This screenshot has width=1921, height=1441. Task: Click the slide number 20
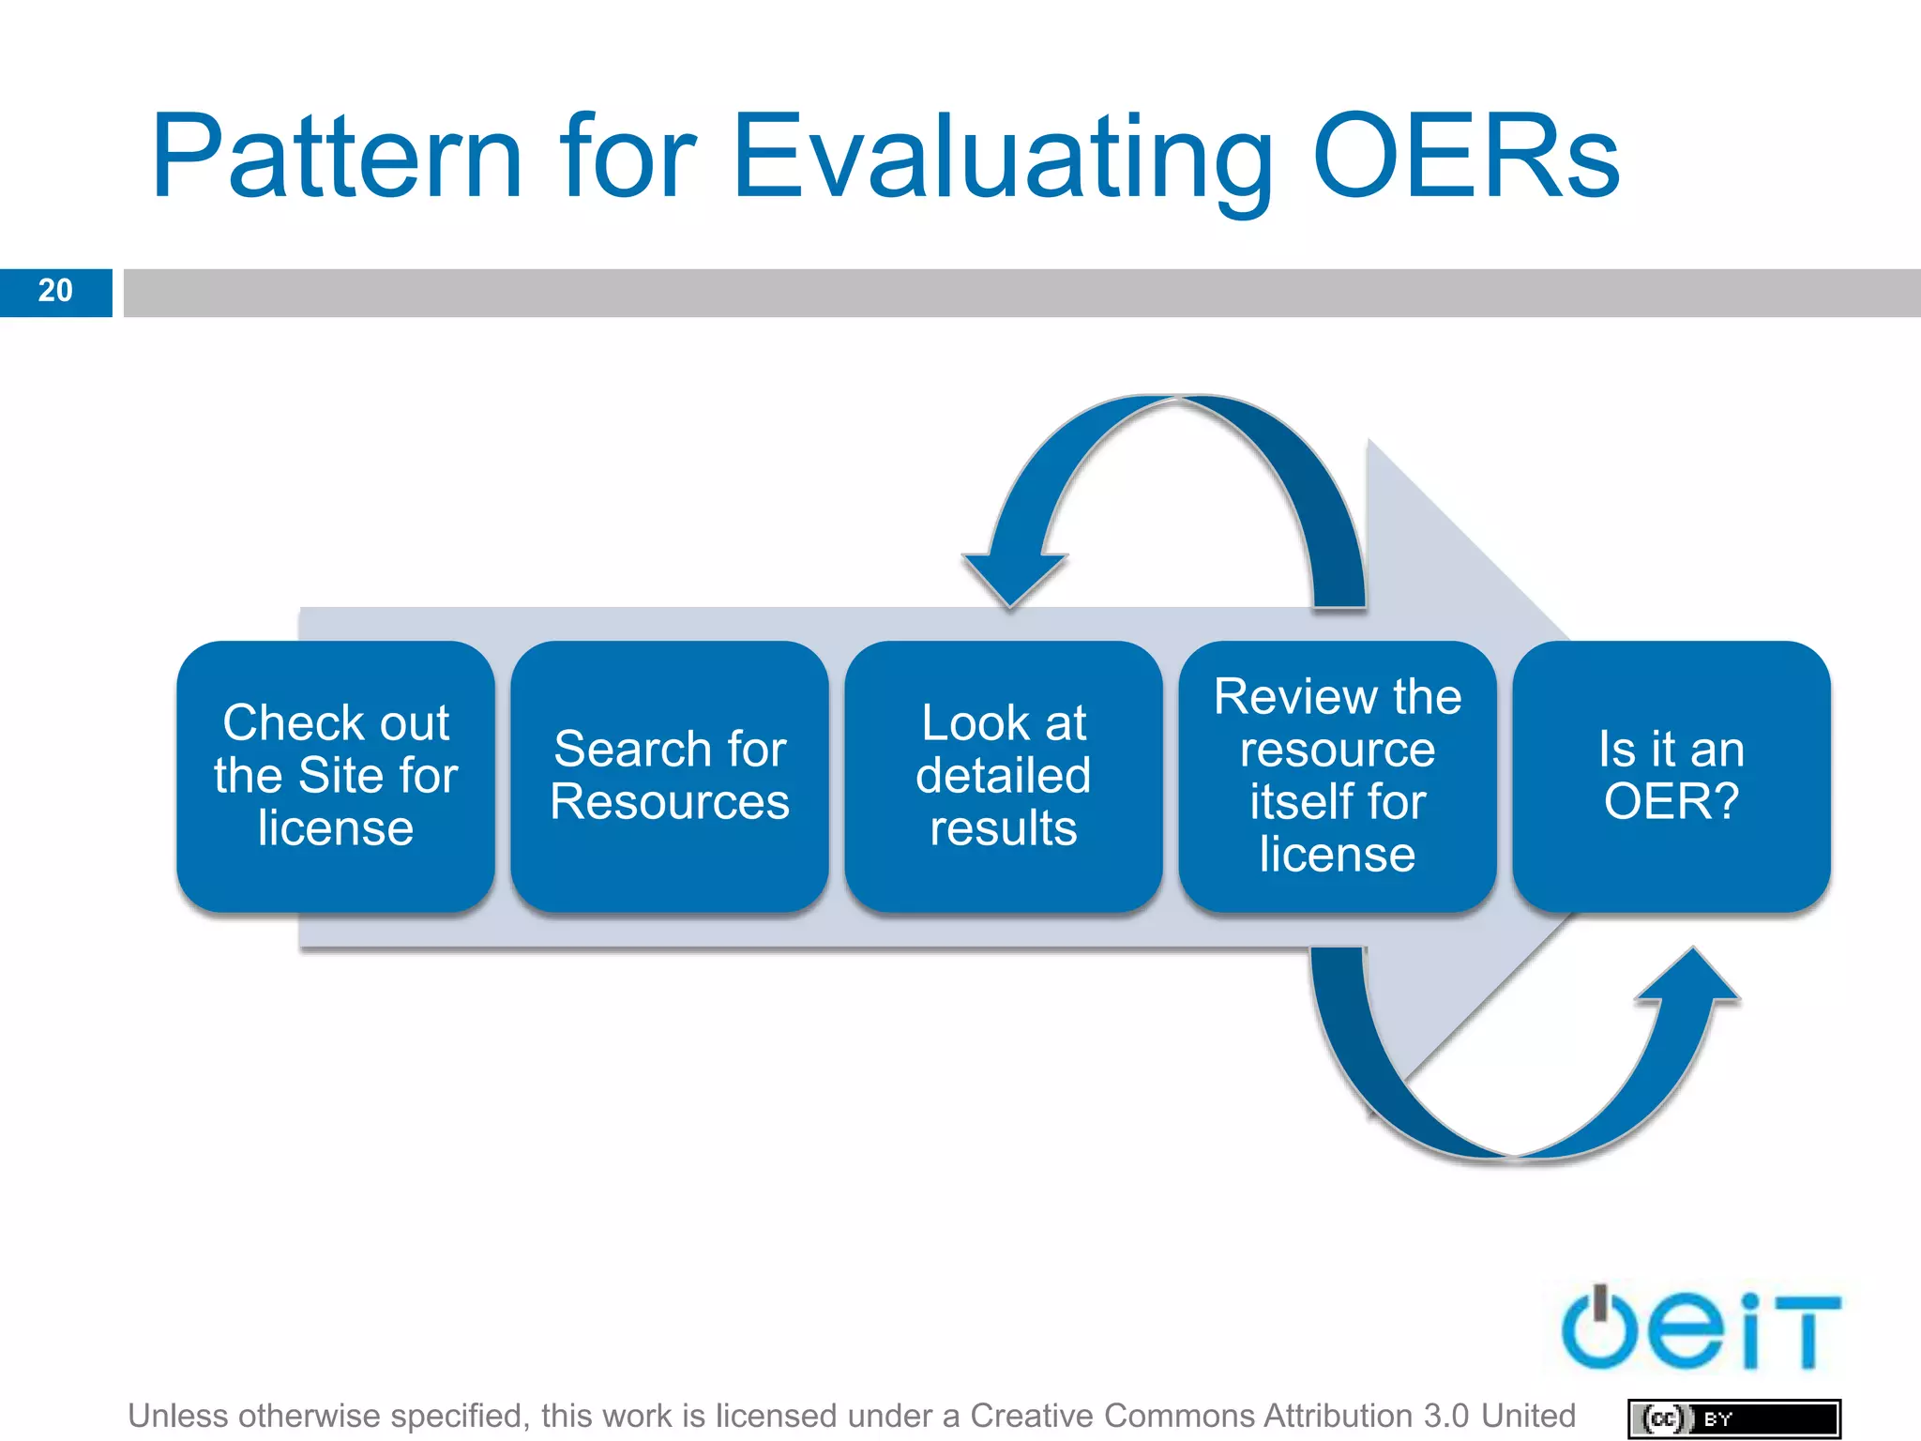[55, 291]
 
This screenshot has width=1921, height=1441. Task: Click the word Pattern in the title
[336, 158]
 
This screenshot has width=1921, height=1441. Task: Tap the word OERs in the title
[1466, 158]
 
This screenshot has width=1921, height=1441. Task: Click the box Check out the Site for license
[335, 776]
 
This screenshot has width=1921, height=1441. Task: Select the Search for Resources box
[669, 776]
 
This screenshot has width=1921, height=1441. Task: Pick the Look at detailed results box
[1003, 776]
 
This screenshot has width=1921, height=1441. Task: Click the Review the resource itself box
[1337, 776]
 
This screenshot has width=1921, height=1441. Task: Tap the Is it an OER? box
[1671, 776]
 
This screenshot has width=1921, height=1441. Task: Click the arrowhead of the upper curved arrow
[1014, 578]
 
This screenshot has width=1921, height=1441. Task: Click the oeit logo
[1700, 1328]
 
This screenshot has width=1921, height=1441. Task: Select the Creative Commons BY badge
[1733, 1418]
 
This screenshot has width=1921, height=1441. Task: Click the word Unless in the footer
[177, 1415]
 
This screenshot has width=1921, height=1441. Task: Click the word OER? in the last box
[1671, 802]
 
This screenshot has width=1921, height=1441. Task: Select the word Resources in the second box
[669, 802]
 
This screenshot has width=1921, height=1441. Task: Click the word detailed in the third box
[1003, 776]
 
